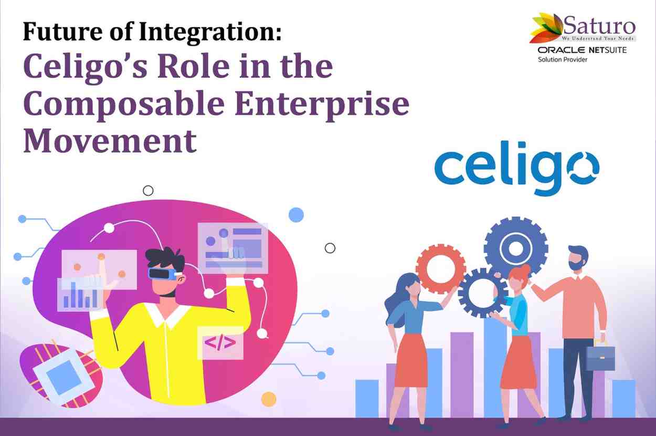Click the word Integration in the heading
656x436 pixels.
[210, 32]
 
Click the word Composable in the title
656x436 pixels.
[124, 105]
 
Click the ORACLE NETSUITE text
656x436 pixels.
[582, 50]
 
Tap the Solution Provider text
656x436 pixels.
[563, 59]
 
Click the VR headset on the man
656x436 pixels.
[163, 274]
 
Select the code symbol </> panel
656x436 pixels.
[220, 342]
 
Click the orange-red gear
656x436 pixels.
[441, 269]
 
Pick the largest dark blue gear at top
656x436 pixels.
[516, 248]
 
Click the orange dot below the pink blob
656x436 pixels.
[269, 399]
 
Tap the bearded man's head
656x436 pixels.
[578, 258]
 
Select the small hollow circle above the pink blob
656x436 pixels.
[148, 191]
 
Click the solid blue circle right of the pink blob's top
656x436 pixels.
[296, 215]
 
